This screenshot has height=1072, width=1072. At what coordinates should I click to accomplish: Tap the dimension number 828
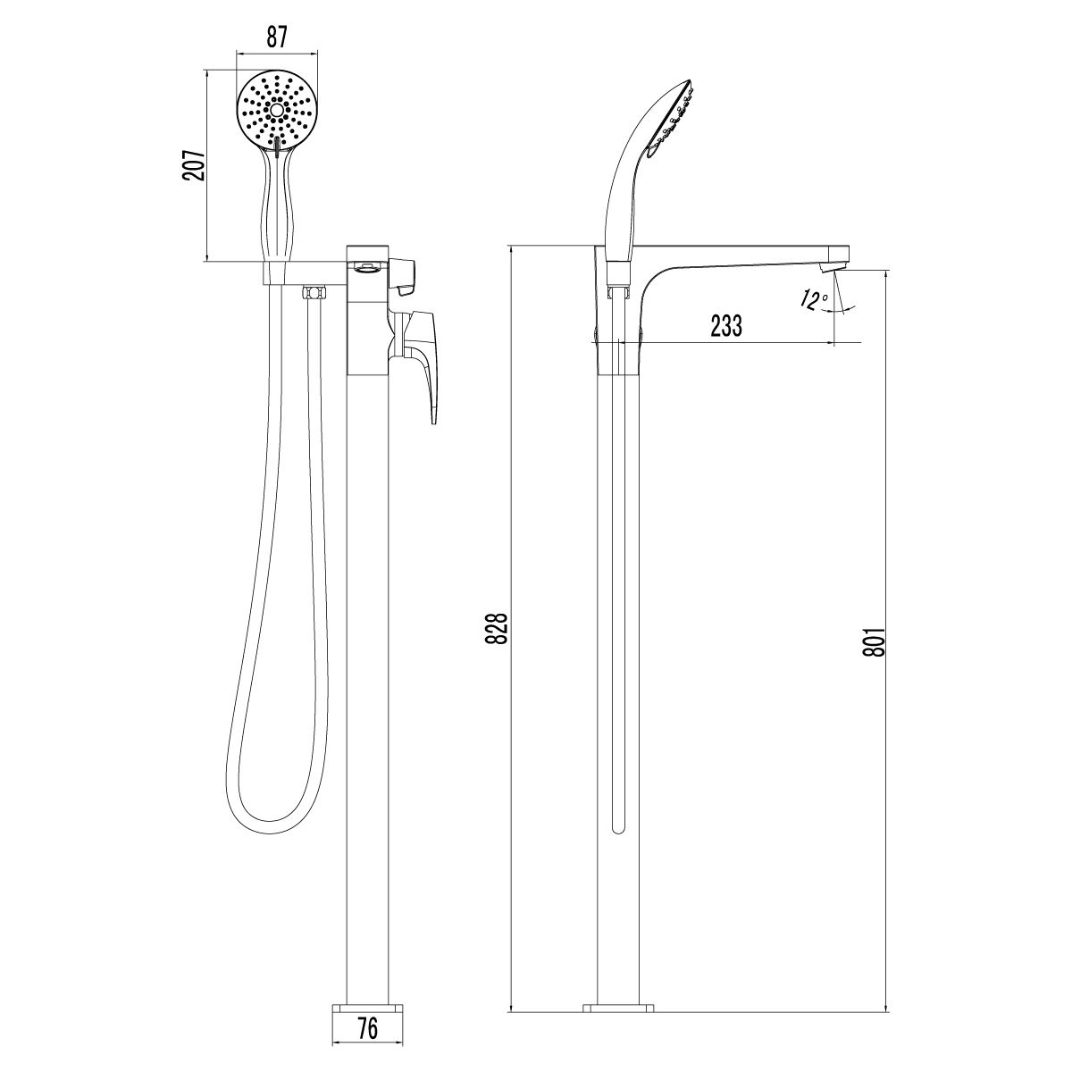tap(501, 628)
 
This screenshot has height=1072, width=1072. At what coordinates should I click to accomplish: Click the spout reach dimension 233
tap(726, 326)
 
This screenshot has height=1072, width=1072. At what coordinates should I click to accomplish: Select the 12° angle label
tap(813, 301)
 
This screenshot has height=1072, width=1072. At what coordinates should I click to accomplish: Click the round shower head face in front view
tap(277, 111)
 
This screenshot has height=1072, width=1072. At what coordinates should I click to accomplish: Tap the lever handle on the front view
tap(427, 362)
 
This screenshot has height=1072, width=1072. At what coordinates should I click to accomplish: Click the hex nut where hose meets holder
tap(312, 293)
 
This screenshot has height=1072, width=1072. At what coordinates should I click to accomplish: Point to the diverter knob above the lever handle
tap(406, 275)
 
